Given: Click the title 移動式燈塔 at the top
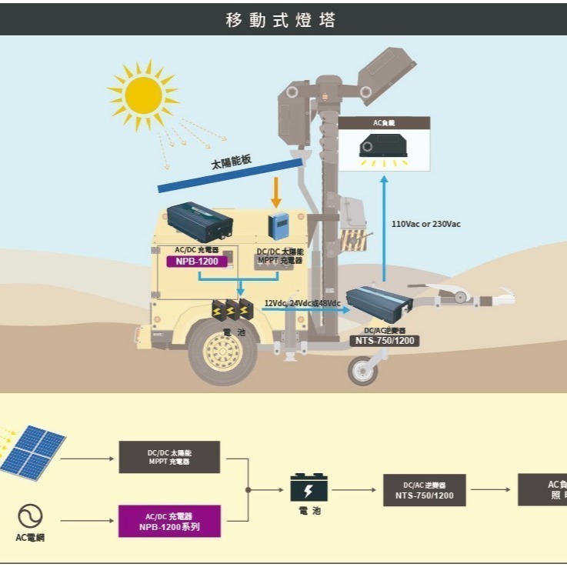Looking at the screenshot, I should pos(281,20).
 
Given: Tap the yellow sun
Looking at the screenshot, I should pos(143,95).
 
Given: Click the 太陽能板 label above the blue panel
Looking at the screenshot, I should pos(232,162).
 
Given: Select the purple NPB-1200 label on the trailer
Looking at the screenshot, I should pos(198,261).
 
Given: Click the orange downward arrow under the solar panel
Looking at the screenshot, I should pos(276,192).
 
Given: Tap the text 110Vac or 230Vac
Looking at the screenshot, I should pos(426,224).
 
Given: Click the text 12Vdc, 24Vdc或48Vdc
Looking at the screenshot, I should pos(302,303).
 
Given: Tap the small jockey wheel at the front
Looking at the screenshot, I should pos(362,372).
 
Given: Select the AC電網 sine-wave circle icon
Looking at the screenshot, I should pos(30,515).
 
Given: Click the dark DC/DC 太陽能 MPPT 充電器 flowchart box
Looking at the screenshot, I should pos(169,457).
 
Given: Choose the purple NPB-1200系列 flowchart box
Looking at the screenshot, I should pos(169,521).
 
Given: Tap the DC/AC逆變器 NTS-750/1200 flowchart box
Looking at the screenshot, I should pos(424,490).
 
